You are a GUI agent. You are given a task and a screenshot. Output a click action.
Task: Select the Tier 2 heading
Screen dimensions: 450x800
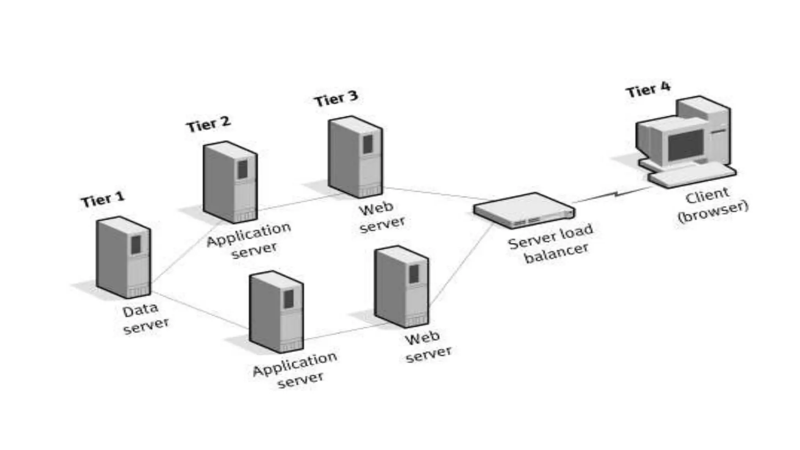click(208, 125)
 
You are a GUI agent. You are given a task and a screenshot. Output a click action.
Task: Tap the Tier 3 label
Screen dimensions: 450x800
click(336, 98)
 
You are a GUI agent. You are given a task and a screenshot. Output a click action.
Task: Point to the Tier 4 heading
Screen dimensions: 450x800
click(648, 90)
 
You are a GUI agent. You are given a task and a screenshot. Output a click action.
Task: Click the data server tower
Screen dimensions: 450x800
click(123, 258)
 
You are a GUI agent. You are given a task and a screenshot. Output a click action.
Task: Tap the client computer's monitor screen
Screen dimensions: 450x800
click(686, 145)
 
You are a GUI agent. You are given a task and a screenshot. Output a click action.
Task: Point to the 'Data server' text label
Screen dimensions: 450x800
click(145, 318)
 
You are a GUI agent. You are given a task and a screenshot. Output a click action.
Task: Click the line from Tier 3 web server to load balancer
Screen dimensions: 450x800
click(430, 193)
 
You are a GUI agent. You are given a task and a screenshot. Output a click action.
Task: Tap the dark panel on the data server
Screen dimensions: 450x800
click(136, 245)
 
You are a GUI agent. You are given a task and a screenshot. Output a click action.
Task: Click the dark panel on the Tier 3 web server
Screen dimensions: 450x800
click(368, 144)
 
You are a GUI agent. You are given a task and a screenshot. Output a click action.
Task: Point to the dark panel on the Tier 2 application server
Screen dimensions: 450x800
click(243, 169)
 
